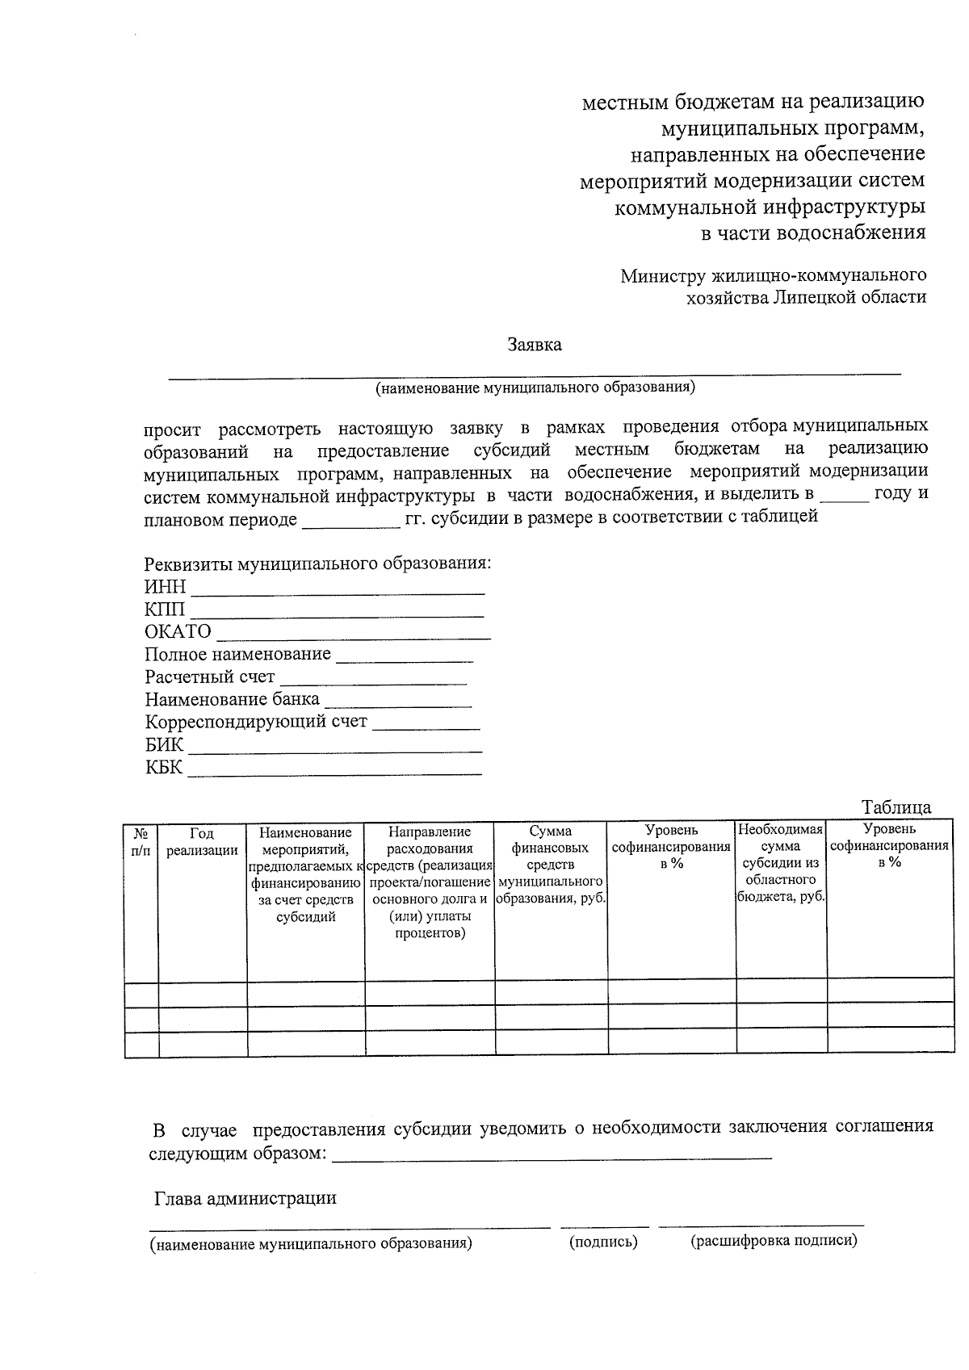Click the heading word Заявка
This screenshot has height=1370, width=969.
coord(535,345)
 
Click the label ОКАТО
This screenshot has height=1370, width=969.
coord(178,631)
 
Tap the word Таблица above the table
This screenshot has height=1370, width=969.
coord(896,807)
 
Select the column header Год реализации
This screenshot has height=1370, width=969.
coord(202,841)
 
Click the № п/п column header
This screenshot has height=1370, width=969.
coord(141,841)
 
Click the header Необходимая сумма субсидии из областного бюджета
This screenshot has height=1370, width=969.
coord(781,863)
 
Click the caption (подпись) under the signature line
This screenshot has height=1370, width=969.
coord(603,1242)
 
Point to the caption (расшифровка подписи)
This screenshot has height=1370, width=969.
coord(773,1241)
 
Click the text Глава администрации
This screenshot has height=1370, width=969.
coord(245,1198)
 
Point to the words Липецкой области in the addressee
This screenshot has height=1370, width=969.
coord(849,297)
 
